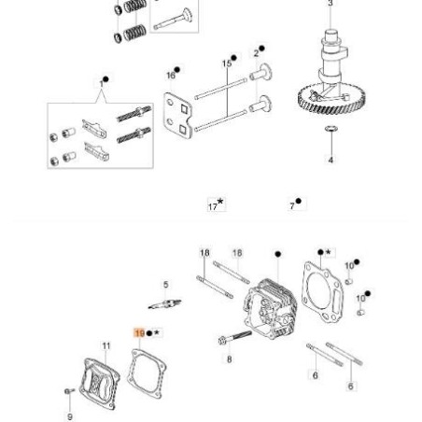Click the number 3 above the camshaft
pyautogui.click(x=330, y=4)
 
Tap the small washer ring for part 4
pyautogui.click(x=330, y=130)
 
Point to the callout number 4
pyautogui.click(x=330, y=160)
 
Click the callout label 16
pyautogui.click(x=171, y=74)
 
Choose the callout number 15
pyautogui.click(x=226, y=63)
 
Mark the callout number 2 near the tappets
pyautogui.click(x=257, y=52)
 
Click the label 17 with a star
pyautogui.click(x=214, y=204)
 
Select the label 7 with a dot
pyautogui.click(x=293, y=204)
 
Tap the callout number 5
pyautogui.click(x=165, y=285)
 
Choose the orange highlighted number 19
pyautogui.click(x=140, y=332)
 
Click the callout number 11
pyautogui.click(x=105, y=345)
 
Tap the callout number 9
pyautogui.click(x=69, y=415)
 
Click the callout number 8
pyautogui.click(x=229, y=358)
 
